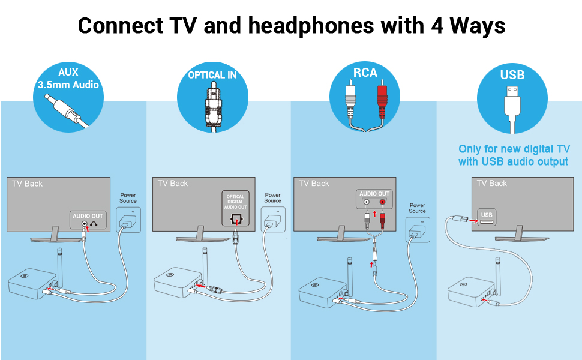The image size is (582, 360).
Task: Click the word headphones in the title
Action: point(311,26)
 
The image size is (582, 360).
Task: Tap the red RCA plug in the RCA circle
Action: point(382,101)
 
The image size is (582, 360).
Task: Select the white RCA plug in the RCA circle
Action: point(350,101)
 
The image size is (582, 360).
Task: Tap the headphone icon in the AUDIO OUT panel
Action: point(94,224)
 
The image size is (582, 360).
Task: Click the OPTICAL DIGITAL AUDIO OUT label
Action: point(235,202)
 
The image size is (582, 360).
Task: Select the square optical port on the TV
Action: point(236,219)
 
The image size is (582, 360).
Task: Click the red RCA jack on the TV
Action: point(382,202)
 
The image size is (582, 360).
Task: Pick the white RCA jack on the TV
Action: point(367,202)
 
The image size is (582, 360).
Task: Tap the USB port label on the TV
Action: point(487,215)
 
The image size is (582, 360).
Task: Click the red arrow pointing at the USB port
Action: point(473,221)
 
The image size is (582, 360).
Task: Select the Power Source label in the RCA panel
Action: point(417,208)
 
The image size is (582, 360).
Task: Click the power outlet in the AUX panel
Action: point(128,220)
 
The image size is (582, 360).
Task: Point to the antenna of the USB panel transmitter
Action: point(498,274)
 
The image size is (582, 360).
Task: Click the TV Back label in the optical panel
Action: point(173,184)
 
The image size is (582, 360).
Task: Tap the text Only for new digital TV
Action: point(514,149)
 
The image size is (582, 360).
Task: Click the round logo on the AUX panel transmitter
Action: point(25,276)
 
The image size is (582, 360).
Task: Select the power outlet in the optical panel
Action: point(273,220)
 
